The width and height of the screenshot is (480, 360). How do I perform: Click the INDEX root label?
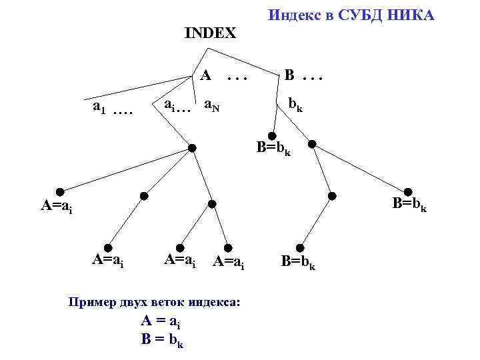pyautogui.click(x=210, y=33)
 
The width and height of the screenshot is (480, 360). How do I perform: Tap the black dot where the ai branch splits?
pyautogui.click(x=192, y=147)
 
